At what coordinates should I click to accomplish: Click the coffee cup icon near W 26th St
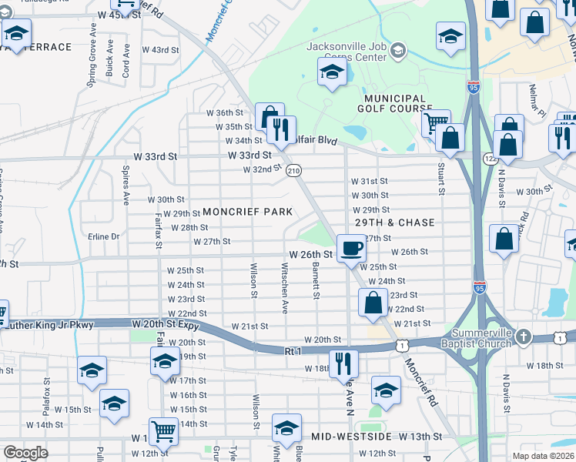(351, 248)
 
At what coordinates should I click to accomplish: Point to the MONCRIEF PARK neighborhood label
(247, 212)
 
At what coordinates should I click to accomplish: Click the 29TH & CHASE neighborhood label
(394, 223)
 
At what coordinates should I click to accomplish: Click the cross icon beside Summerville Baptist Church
(523, 336)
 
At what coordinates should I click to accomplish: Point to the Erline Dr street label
(104, 236)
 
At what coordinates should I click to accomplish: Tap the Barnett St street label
(316, 280)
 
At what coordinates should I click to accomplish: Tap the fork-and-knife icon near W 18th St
(343, 363)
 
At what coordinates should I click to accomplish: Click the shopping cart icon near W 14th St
(163, 431)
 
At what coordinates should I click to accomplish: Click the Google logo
(25, 453)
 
